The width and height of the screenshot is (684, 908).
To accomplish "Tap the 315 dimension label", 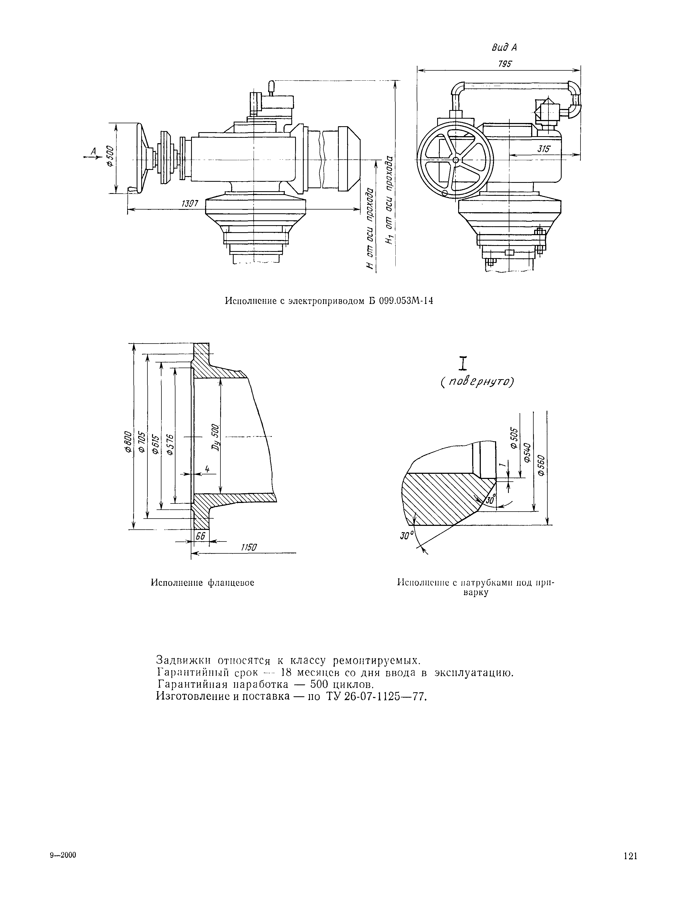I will point(544,149).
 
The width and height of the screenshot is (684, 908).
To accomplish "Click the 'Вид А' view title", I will point(504,48).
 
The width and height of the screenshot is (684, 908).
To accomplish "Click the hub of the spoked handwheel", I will point(455,160).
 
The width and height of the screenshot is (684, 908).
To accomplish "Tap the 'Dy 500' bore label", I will point(215,438).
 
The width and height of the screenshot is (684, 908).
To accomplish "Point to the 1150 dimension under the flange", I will point(248,547).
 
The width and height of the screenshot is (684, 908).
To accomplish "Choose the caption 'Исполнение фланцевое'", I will point(203,583).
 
